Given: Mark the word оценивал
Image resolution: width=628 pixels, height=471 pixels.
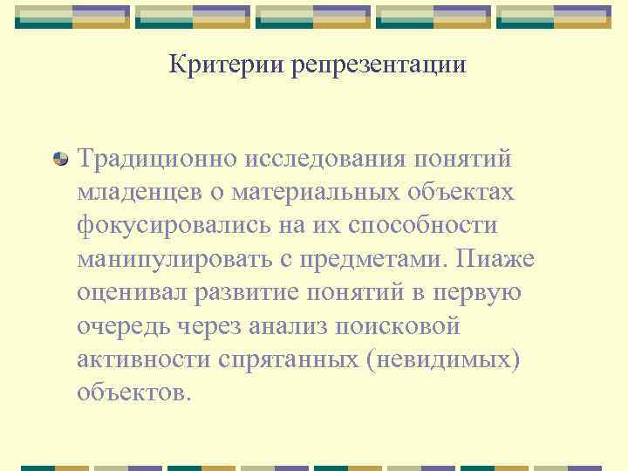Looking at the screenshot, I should coord(129,291).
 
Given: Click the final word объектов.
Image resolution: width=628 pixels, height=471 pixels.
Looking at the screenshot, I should coord(133,391).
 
